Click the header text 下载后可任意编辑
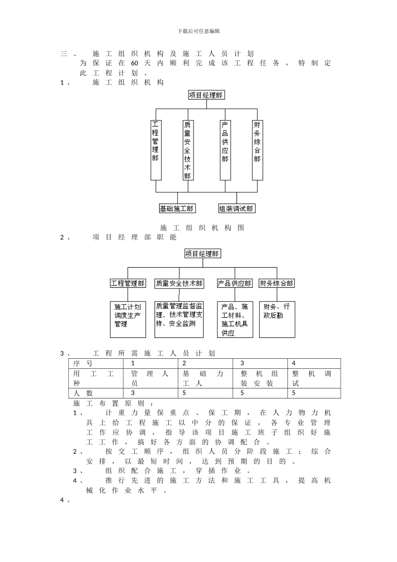198,31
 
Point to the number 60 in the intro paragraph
134,63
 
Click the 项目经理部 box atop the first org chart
206,95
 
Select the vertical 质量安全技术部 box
188,150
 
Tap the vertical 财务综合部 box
257,150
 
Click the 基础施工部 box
177,208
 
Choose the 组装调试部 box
237,208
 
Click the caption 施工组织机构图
202,228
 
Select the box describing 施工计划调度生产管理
128,319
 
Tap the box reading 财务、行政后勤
277,319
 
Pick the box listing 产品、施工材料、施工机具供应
235,319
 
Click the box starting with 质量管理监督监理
179,319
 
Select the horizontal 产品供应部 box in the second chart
235,284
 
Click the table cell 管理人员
150,378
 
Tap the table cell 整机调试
313,378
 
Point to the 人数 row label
83,393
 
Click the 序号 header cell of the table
83,363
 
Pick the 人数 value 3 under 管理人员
133,393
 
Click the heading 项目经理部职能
135,238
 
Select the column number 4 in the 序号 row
294,363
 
